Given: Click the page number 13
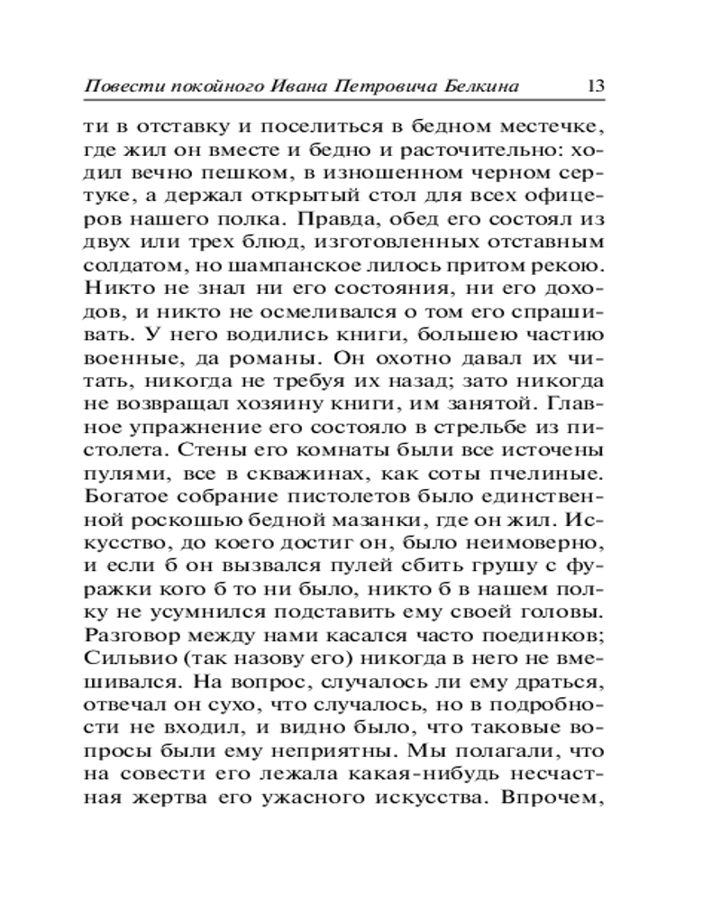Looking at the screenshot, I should pos(594,87).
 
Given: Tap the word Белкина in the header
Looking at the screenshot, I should pos(488,87).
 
